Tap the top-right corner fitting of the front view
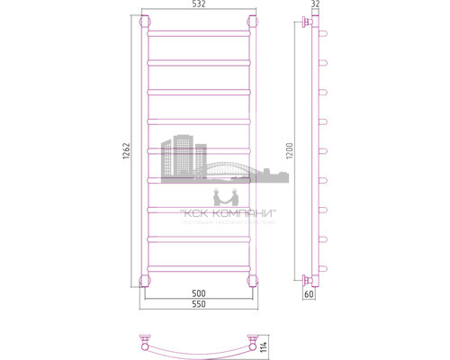point(251,22)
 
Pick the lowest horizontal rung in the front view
point(197,266)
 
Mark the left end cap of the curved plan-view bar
point(143,342)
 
